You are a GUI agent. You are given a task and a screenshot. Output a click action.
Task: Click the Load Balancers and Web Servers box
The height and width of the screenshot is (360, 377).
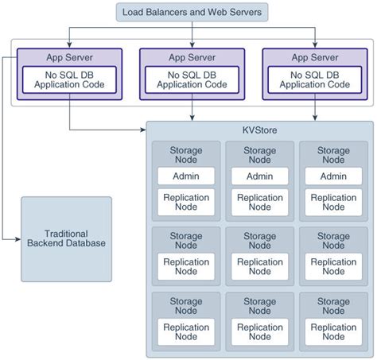192,12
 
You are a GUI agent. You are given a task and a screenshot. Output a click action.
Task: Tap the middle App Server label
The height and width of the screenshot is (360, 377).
191,56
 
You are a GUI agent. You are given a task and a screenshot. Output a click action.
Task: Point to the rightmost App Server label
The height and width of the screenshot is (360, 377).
314,56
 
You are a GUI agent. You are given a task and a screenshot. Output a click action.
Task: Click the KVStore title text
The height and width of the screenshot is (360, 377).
260,130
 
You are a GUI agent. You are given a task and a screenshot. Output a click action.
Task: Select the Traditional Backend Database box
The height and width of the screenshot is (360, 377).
66,238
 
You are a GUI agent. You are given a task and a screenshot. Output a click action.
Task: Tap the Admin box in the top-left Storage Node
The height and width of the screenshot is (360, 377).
186,176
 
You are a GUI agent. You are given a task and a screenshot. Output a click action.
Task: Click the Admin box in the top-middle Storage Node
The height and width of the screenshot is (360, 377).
259,176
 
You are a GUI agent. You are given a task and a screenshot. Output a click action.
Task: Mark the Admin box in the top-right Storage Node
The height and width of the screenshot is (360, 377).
332,176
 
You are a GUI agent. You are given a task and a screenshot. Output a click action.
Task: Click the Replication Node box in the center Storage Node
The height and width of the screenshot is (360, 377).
259,266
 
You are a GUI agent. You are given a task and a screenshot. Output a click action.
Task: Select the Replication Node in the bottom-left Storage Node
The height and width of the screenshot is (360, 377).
186,332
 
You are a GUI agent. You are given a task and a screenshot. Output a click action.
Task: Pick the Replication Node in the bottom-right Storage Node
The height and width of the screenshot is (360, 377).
332,332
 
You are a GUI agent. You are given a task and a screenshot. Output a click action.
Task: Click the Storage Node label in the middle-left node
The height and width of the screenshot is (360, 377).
186,241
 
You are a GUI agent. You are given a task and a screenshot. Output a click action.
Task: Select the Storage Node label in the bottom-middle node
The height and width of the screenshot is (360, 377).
259,306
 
